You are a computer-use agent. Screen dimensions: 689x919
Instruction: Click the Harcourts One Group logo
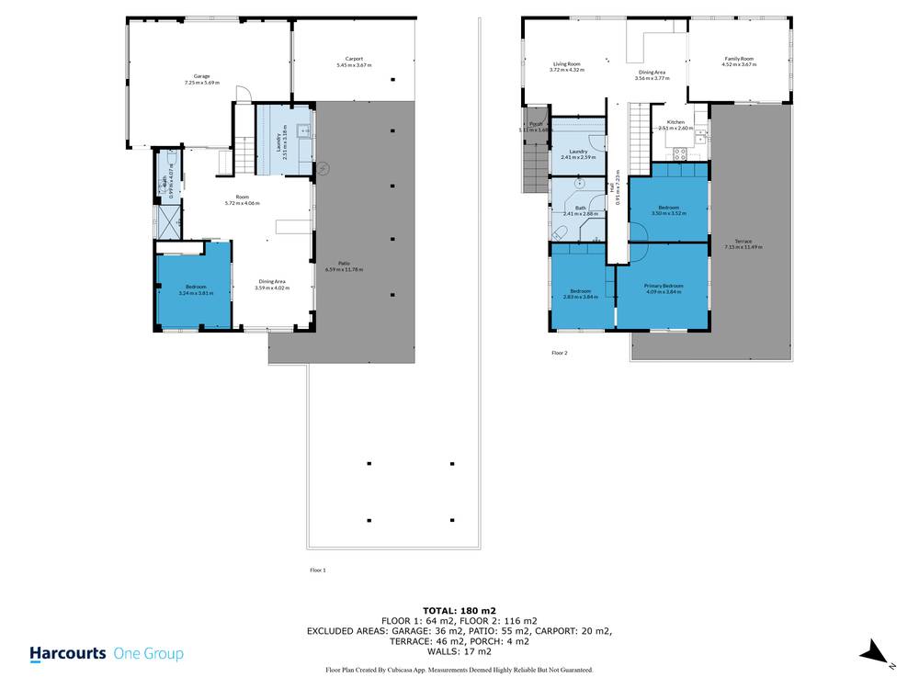click(107, 654)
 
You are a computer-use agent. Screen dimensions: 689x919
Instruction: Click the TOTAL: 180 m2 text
click(459, 610)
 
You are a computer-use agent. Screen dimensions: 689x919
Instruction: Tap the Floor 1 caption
click(318, 570)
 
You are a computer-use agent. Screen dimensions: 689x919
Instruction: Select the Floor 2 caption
click(560, 353)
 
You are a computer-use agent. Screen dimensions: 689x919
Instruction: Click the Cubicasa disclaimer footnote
click(459, 671)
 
